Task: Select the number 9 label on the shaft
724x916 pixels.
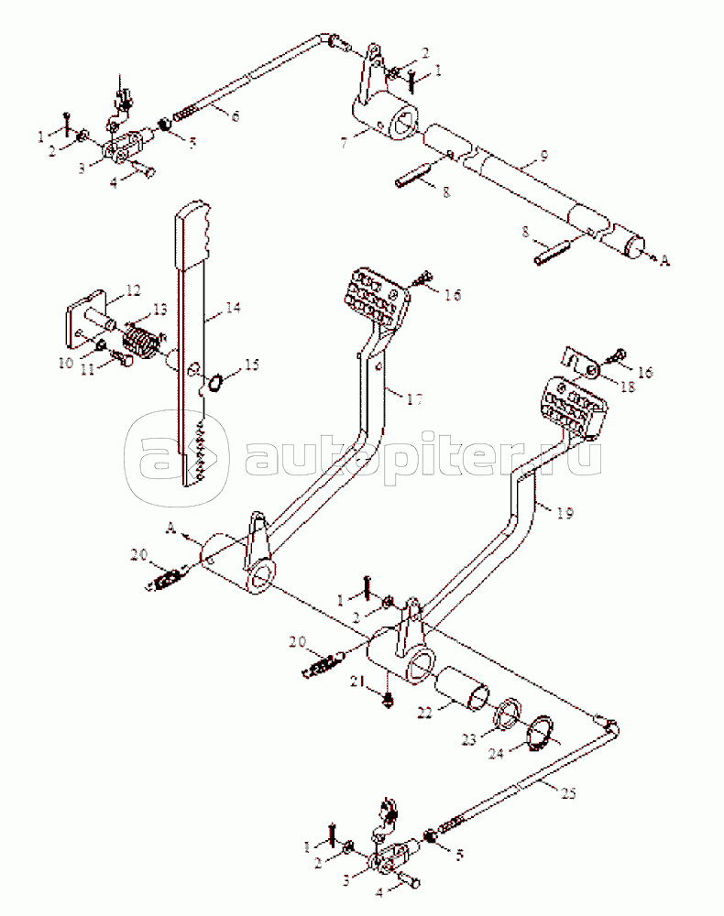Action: [x=543, y=156]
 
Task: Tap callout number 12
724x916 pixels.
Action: [x=132, y=291]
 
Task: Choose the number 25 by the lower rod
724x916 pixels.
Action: [x=569, y=793]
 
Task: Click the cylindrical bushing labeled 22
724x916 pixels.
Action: [x=466, y=688]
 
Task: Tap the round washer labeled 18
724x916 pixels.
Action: [x=592, y=371]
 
